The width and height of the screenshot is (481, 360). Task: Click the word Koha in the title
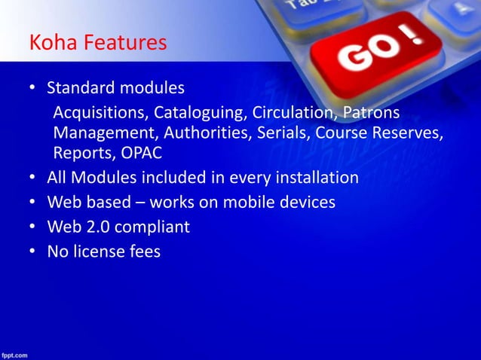[x=49, y=43]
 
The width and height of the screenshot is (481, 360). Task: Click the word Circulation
[x=293, y=114]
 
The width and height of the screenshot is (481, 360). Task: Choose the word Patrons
[x=371, y=114]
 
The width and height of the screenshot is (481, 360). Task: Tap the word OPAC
[x=142, y=154]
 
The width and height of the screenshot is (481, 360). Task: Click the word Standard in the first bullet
[x=79, y=89]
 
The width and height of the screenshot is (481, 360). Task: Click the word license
[x=101, y=251]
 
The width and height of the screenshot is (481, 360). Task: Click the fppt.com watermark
[x=15, y=353]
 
